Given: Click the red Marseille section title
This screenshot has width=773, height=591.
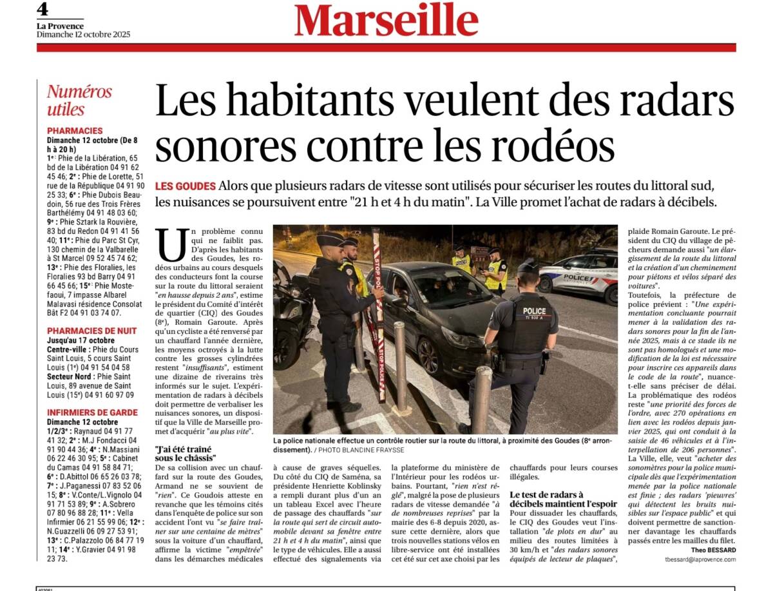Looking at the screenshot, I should point(386,20).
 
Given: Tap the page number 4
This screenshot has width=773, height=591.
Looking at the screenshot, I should point(43,9).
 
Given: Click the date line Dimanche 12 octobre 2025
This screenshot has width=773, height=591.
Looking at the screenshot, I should point(83,34).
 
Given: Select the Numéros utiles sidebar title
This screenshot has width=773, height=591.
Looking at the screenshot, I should point(79,100).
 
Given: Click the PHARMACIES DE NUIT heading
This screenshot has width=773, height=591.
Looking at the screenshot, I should point(91,331).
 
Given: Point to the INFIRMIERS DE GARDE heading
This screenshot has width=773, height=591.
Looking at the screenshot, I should point(92,412).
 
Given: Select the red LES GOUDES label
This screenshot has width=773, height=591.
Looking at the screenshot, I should point(185,186).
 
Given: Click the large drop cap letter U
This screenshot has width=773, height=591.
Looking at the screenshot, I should point(169,246).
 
